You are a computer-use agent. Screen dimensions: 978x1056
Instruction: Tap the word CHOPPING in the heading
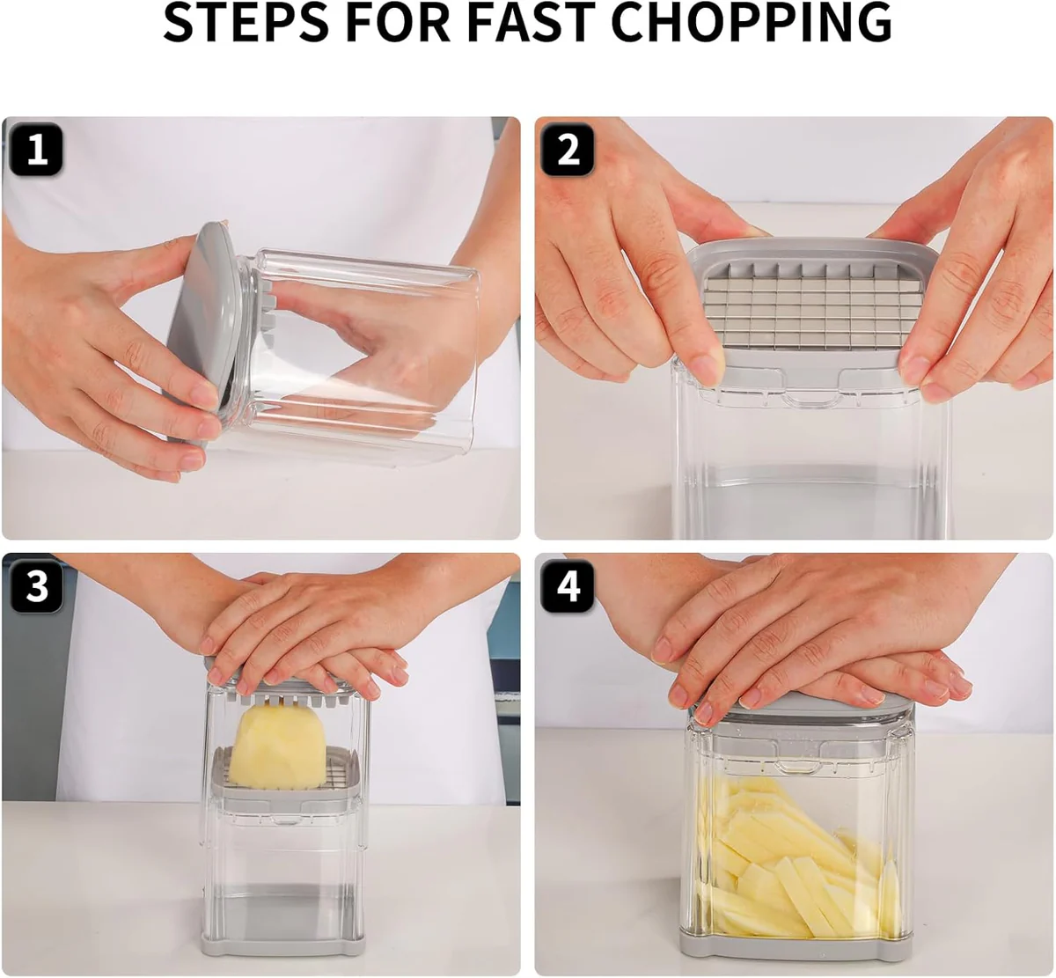(x=752, y=24)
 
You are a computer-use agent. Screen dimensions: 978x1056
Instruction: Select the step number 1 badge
(x=36, y=150)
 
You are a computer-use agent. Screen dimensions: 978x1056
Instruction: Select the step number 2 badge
(x=568, y=150)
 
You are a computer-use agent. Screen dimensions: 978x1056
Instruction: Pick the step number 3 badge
(x=36, y=586)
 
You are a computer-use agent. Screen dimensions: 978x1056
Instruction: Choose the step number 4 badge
(x=568, y=586)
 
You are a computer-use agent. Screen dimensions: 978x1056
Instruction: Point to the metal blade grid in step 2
(x=803, y=308)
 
